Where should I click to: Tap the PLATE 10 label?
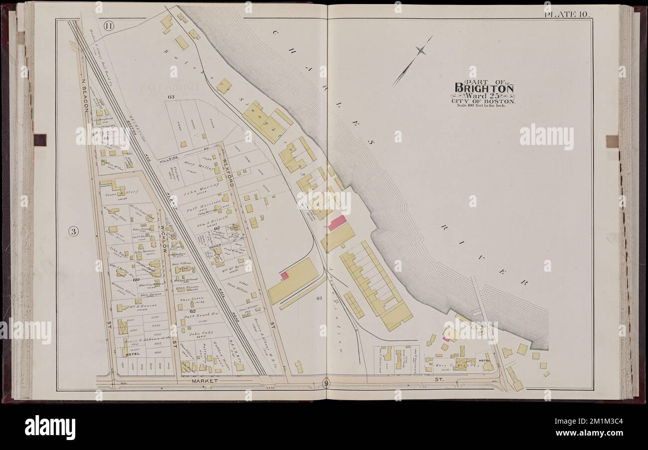coord(567,13)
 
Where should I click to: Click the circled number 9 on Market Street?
coord(325,383)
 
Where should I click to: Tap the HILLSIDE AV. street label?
coord(187,152)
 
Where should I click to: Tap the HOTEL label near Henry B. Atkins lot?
coord(133,354)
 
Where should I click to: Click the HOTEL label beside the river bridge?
coord(484,360)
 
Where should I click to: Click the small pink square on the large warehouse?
coord(284,275)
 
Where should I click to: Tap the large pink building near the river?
coord(337,223)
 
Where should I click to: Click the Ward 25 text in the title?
coord(483,96)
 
